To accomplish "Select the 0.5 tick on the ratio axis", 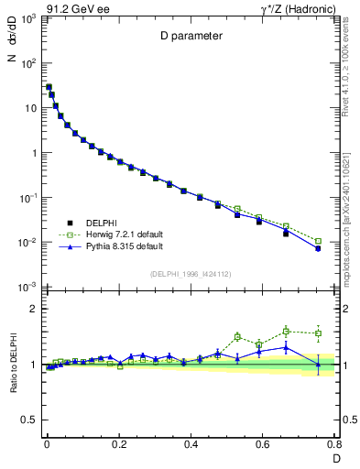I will tap(27, 420).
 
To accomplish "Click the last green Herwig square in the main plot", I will tap(318, 242).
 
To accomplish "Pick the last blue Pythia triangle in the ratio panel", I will tap(318, 364).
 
